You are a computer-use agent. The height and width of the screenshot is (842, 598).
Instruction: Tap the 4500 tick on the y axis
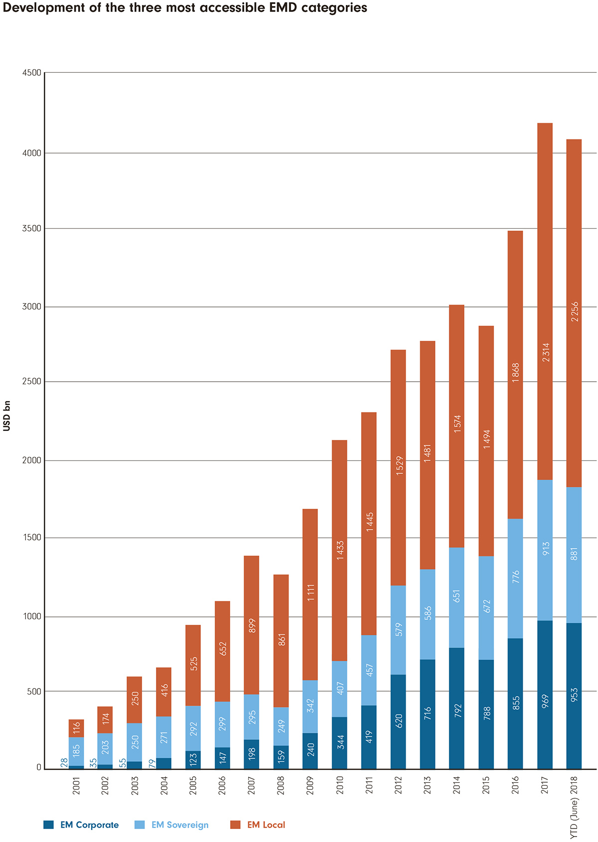(31, 73)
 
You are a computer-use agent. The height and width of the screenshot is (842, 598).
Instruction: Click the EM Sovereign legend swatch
(140, 825)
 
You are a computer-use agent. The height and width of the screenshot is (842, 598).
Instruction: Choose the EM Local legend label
(266, 825)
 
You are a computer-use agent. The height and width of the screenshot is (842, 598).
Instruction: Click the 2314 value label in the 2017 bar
(546, 352)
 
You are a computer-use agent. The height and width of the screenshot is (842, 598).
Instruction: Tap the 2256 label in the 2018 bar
(575, 311)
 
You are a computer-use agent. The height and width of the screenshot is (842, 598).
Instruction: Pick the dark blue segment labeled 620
(398, 721)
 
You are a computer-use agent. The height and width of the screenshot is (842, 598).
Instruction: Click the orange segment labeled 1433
(340, 551)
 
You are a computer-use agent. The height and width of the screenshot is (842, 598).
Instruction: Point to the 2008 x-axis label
(281, 785)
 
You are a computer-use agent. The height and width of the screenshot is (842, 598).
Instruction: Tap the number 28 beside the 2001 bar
(64, 762)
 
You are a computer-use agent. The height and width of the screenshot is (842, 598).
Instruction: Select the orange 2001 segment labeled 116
(76, 728)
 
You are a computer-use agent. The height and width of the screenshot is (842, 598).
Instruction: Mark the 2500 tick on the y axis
(31, 382)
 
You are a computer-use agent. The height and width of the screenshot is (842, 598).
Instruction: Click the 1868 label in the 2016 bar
(516, 373)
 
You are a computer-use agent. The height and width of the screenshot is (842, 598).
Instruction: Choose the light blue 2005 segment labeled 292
(193, 728)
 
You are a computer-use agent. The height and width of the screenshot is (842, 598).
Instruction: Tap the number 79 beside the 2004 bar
(152, 762)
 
